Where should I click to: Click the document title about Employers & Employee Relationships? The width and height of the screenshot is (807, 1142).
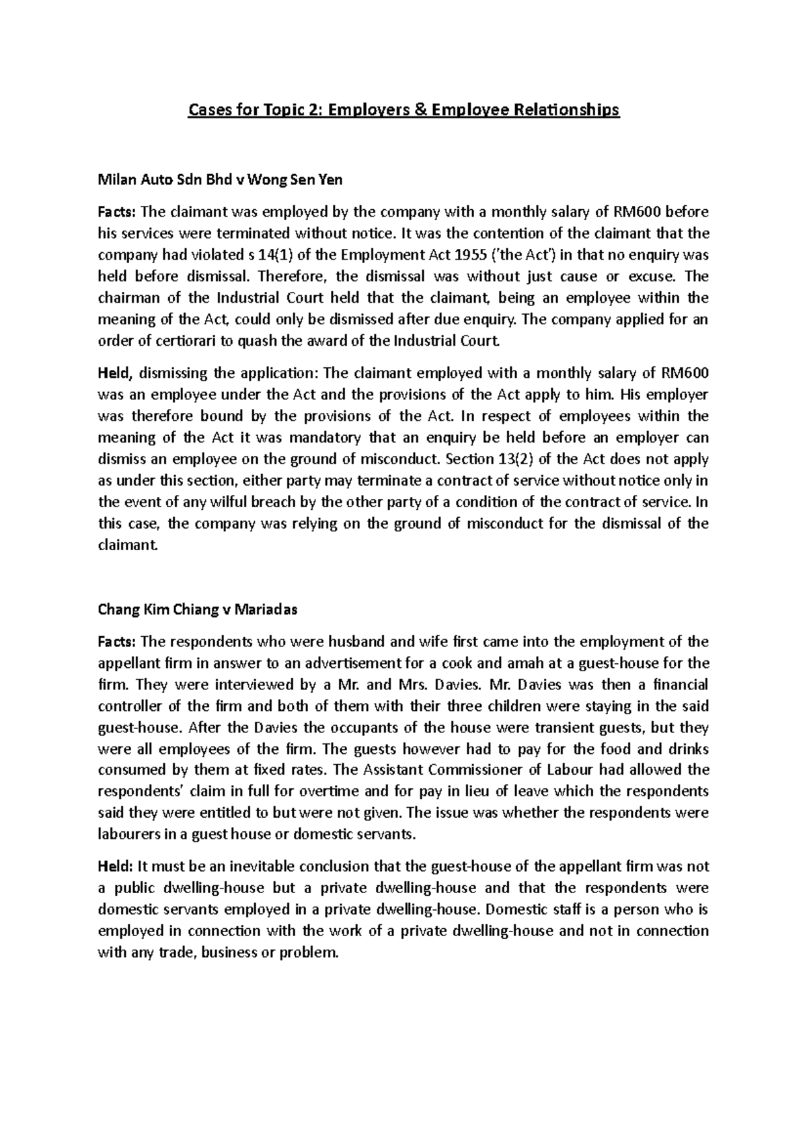(x=403, y=109)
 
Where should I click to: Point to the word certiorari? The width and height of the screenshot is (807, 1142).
(x=182, y=341)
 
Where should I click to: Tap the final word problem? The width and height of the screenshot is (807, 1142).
(x=305, y=952)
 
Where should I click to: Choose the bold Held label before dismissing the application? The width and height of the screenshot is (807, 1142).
(x=115, y=373)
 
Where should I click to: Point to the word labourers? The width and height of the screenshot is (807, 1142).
(x=128, y=834)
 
